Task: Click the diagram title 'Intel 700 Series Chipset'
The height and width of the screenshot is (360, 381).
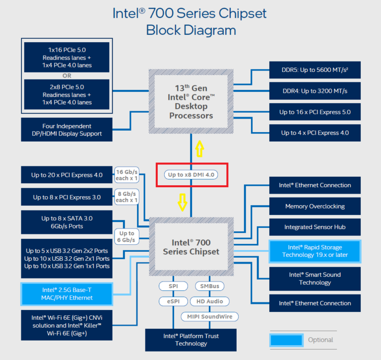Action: click(190, 13)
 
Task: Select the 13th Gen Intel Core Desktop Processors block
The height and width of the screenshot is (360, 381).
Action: click(191, 101)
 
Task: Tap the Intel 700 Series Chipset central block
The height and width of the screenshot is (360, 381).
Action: click(191, 247)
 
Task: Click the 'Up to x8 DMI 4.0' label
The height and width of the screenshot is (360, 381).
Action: click(191, 175)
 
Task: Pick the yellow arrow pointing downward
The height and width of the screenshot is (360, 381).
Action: click(182, 202)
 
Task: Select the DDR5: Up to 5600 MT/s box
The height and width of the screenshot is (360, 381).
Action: click(315, 70)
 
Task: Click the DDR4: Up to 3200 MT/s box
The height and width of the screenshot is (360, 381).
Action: click(315, 91)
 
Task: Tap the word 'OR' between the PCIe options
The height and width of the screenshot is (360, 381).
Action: click(66, 76)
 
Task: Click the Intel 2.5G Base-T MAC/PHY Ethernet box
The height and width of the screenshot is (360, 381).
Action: click(67, 293)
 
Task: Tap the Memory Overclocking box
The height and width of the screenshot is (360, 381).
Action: click(315, 206)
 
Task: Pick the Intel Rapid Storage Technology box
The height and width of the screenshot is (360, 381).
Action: click(315, 251)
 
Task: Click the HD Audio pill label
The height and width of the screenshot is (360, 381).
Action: click(210, 301)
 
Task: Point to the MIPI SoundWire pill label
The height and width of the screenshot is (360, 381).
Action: click(209, 316)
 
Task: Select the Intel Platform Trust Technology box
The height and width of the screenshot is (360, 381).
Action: click(191, 340)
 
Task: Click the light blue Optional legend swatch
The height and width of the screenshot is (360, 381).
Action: click(286, 340)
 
